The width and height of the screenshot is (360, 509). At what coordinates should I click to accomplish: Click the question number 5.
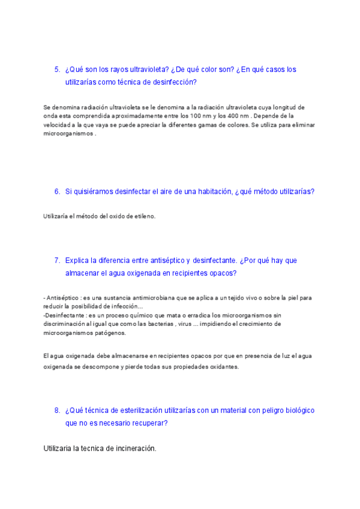coord(57,70)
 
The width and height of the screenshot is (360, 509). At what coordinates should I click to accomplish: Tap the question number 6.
coord(57,191)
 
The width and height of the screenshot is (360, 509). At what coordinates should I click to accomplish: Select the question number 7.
coord(57,261)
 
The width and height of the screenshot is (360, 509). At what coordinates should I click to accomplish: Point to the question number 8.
coord(57,411)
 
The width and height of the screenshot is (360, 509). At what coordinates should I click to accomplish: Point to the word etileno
coord(143,217)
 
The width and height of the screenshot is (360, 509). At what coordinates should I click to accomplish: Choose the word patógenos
coord(107,333)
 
